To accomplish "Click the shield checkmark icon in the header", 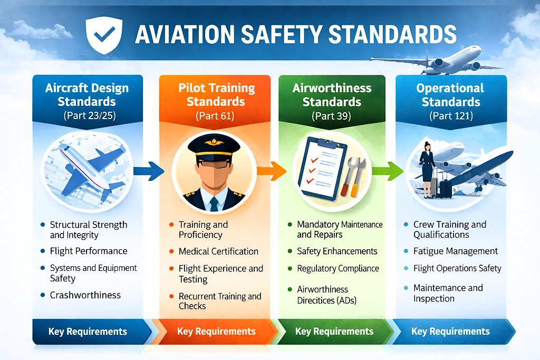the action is click(104, 35).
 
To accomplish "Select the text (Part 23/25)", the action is click(90, 115).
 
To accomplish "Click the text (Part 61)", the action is click(215, 115).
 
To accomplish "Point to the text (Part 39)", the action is click(331, 116).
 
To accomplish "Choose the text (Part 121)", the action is click(451, 115).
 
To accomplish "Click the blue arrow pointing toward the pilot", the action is click(149, 171).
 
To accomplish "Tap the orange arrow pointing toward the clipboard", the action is click(272, 171).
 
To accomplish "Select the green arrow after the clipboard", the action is click(388, 171).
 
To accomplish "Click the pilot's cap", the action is click(214, 147).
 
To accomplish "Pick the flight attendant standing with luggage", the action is click(427, 169).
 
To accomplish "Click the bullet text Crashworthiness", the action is click(85, 295).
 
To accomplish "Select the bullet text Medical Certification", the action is click(218, 251).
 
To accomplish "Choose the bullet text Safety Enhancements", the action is click(337, 251).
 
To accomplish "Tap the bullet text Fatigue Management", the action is click(456, 251).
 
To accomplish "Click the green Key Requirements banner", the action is click(335, 332).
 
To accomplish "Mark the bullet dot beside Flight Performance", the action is click(43, 251).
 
